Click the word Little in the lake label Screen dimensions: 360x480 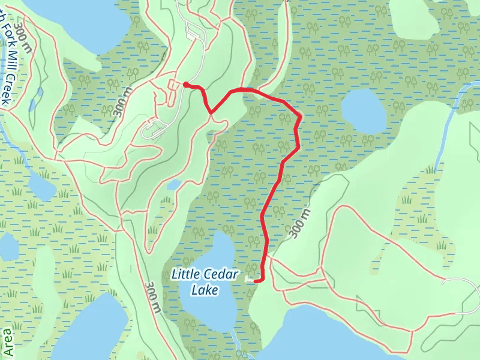coord(184,274)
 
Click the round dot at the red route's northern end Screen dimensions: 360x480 coord(186,85)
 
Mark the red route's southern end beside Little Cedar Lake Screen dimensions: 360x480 coord(256,280)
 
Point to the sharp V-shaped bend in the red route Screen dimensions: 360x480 coord(211,112)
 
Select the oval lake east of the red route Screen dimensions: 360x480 coord(364,110)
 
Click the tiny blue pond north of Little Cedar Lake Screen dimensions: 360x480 coord(173,185)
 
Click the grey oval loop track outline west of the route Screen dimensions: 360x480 coord(152,128)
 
